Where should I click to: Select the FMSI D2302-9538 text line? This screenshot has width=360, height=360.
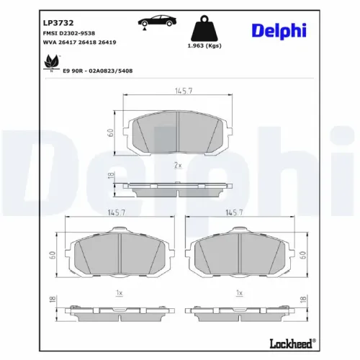68,34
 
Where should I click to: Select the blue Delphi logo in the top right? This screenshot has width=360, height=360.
279,30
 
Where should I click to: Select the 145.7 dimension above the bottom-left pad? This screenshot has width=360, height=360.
116,213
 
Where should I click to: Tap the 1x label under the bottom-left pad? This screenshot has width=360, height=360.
120,293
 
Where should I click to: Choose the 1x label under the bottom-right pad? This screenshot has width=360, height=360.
240,293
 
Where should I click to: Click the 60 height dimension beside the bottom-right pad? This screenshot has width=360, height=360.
302,254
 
